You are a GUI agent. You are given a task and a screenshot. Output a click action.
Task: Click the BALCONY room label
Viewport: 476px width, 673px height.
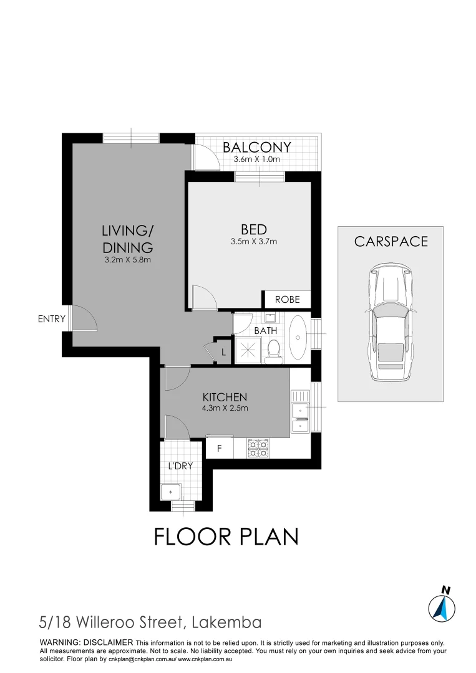coord(257,147)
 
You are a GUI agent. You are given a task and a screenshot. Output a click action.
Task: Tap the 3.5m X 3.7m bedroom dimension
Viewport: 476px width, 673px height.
coord(253,241)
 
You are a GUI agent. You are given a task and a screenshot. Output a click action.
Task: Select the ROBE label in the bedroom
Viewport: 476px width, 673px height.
coord(287,300)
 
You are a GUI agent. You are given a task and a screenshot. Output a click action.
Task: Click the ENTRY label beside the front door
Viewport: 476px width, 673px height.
coord(51,319)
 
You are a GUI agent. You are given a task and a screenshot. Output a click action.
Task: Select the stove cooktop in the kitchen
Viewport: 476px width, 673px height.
coord(258,448)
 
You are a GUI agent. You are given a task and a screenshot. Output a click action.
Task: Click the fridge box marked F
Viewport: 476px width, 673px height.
coord(219,448)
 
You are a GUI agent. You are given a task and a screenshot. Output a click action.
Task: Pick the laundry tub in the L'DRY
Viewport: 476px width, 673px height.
coord(170,492)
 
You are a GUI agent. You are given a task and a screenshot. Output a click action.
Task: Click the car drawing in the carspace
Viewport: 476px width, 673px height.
coord(391,322)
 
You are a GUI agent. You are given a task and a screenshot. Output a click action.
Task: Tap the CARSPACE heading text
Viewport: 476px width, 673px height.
coord(391,242)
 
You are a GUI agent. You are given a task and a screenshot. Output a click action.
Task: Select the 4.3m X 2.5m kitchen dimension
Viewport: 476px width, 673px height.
coord(225,409)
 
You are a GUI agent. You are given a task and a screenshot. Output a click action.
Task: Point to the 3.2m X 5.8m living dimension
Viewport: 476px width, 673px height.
coord(127,260)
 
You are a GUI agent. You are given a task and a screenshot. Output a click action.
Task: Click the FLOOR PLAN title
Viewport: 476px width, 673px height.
coord(226,536)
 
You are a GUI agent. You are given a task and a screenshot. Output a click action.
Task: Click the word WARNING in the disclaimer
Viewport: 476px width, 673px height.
coord(59,642)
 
